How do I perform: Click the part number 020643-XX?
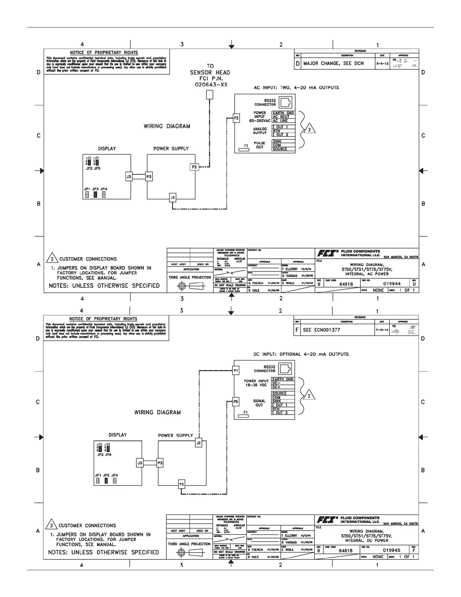click(211, 85)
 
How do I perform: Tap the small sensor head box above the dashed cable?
click(210, 95)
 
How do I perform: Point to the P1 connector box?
click(236, 371)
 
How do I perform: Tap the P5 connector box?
click(236, 402)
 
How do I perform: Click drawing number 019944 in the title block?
click(392, 283)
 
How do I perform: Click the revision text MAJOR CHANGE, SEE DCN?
click(334, 63)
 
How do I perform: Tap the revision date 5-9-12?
click(382, 64)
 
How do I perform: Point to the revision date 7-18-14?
click(382, 330)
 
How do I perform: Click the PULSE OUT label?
click(260, 145)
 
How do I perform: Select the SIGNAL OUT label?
click(259, 403)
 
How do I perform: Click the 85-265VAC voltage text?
click(260, 121)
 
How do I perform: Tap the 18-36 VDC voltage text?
click(256, 386)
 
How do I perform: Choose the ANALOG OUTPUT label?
click(260, 131)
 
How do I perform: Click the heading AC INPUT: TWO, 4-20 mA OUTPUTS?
click(296, 88)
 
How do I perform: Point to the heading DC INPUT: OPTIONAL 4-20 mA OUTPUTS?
click(301, 354)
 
